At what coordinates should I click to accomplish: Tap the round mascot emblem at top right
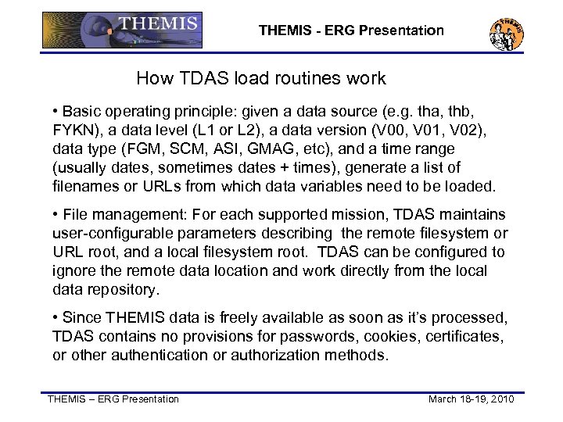(507, 33)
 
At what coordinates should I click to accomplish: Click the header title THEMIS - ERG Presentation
(351, 31)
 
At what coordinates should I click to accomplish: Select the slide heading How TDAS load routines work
(261, 78)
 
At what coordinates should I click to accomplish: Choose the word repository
(120, 289)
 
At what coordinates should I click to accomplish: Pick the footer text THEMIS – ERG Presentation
(113, 399)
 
